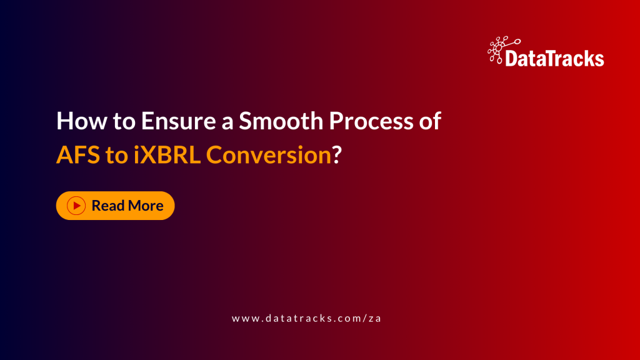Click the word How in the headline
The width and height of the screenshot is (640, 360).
pos(78,121)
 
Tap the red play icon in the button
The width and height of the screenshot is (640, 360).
pos(76,206)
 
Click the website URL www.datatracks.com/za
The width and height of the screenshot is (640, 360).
pos(306,318)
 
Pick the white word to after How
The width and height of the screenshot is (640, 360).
pos(122,121)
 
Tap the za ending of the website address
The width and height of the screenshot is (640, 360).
pos(375,318)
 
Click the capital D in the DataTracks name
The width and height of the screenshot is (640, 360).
pos(511,59)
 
